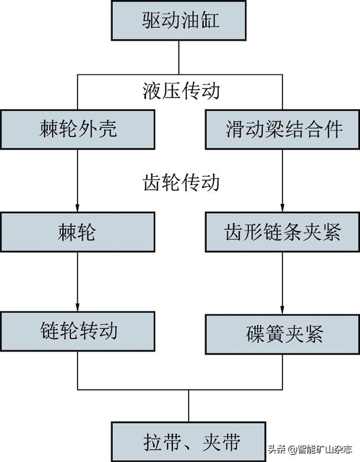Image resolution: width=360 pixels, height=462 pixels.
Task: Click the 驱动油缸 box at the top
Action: point(180,21)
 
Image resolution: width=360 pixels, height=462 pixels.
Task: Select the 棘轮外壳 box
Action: point(78,128)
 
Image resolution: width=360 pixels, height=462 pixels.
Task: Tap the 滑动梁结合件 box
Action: point(283,128)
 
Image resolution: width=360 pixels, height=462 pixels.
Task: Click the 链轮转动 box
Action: point(78,331)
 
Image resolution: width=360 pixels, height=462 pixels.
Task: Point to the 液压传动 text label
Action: point(181,91)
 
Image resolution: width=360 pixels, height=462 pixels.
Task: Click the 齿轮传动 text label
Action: point(181,181)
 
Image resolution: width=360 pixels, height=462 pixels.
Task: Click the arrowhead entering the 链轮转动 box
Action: point(78,308)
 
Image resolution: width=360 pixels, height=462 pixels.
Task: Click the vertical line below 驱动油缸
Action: point(180,59)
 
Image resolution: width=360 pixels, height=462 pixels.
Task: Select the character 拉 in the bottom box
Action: point(152,441)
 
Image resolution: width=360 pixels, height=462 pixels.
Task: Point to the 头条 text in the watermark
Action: point(277,450)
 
